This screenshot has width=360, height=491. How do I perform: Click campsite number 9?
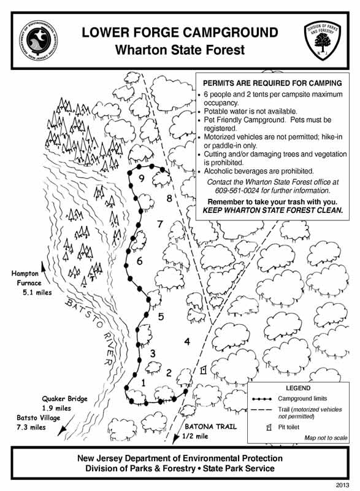tap(142, 179)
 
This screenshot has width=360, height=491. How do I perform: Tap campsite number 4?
tap(187, 341)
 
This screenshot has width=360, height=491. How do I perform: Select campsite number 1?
tap(144, 382)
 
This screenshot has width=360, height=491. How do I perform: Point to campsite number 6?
tap(139, 260)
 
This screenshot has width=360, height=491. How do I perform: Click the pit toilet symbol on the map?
tap(204, 370)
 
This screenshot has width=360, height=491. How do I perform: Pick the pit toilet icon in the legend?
tap(269, 427)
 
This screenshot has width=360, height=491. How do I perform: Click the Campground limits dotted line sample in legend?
tap(262, 399)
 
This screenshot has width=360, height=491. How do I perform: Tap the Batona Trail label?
tap(210, 426)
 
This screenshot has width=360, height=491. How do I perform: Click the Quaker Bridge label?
tap(65, 398)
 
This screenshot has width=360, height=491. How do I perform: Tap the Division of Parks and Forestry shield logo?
tap(322, 41)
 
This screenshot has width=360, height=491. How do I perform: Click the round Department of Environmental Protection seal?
tap(39, 41)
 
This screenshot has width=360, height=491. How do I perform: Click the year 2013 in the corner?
tap(342, 485)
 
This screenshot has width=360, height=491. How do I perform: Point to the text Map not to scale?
tap(326, 438)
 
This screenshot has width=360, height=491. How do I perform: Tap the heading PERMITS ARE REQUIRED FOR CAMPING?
tap(272, 83)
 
